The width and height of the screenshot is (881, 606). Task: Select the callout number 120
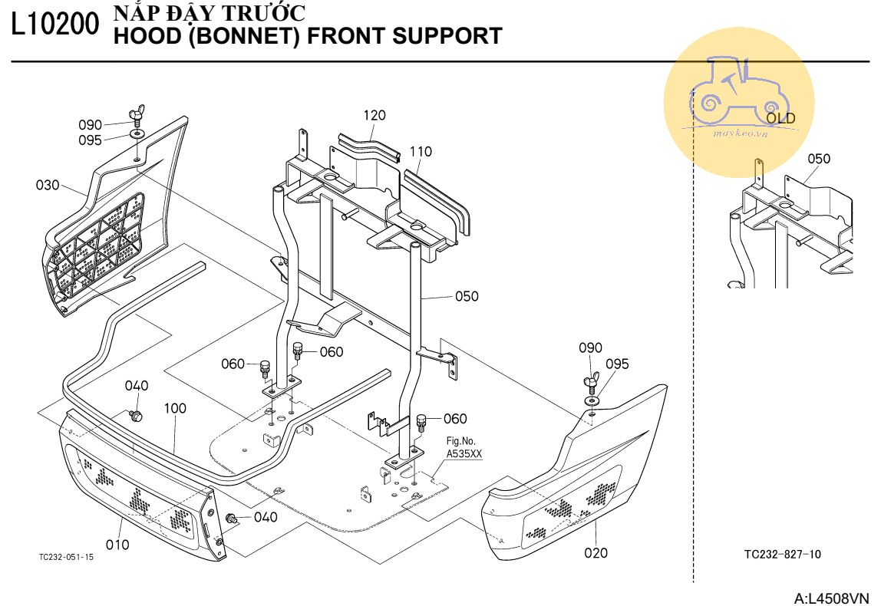click(375, 116)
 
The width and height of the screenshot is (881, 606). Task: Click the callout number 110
click(420, 152)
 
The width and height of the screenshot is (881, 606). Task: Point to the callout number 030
click(48, 185)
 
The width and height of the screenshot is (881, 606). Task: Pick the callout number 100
click(175, 409)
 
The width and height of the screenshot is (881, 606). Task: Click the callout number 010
click(117, 545)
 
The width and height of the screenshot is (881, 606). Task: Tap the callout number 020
click(596, 552)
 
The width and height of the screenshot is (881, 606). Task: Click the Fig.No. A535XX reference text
click(464, 448)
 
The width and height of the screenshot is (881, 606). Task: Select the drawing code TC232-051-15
click(67, 558)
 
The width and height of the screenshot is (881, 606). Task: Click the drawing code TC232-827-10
click(782, 554)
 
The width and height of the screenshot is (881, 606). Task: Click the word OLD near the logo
click(780, 119)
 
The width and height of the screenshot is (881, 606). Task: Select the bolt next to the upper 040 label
click(137, 415)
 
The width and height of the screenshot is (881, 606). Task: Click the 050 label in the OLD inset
click(819, 159)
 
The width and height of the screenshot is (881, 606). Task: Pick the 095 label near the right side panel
click(617, 364)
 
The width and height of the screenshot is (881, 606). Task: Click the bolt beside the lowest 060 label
click(421, 420)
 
